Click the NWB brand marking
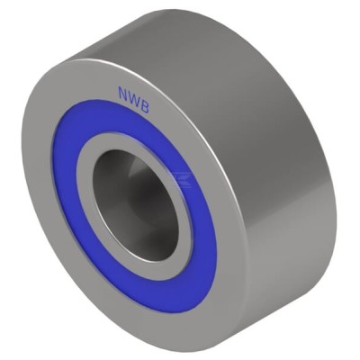[133, 98]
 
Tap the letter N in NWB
[123, 94]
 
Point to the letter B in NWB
[145, 105]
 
